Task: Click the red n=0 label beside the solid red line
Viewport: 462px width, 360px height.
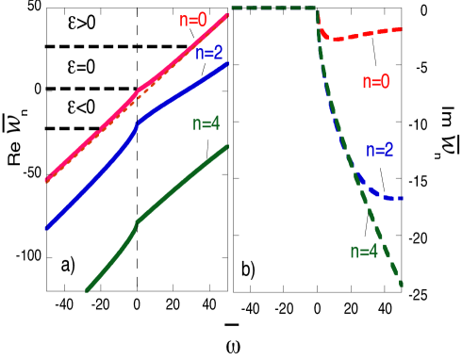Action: (193, 19)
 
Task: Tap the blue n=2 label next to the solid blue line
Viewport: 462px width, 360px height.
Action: (208, 53)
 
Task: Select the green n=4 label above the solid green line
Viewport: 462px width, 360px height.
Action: (206, 123)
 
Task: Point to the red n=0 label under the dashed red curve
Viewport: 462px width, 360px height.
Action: (375, 82)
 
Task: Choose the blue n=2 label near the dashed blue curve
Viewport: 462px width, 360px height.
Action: (379, 150)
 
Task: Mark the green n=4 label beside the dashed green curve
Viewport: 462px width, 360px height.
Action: (363, 252)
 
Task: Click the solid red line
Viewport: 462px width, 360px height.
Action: (94, 133)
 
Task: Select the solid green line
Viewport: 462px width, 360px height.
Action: (179, 185)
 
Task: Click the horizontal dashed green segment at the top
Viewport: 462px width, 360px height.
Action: (273, 8)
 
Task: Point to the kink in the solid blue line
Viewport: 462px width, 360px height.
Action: (139, 122)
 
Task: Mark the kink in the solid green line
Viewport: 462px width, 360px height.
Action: (138, 222)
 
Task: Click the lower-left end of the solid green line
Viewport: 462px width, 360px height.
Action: (87, 290)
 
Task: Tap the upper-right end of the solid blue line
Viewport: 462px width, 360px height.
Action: (227, 64)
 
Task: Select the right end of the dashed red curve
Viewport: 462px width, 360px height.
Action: (403, 29)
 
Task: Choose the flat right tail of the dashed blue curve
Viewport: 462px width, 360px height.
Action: (391, 198)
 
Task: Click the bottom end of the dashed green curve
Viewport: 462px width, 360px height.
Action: (402, 285)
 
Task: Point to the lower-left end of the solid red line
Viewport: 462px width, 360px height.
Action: (46, 180)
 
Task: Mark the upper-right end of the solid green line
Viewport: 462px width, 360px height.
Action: (226, 146)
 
